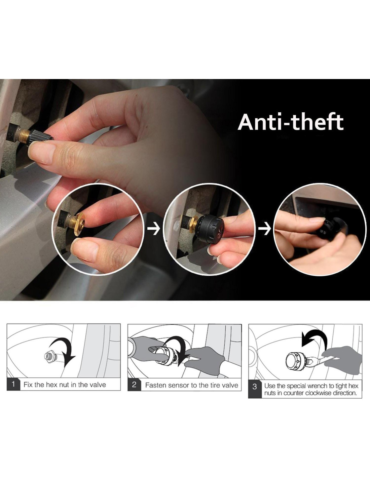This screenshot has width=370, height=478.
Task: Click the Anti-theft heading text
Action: point(291,122)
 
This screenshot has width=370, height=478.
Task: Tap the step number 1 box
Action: point(13,385)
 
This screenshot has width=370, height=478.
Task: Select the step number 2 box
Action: point(134,385)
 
